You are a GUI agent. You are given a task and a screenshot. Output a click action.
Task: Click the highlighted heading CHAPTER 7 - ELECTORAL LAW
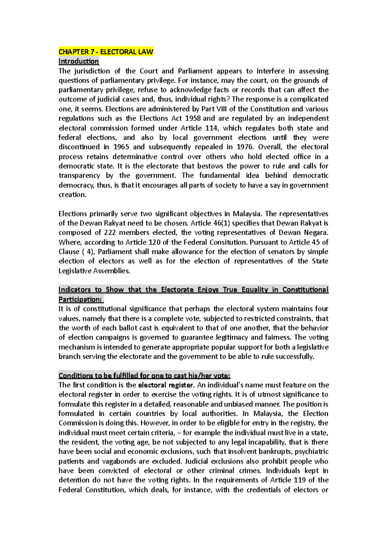pos(106,52)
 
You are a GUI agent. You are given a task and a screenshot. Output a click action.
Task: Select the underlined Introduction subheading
pos(78,61)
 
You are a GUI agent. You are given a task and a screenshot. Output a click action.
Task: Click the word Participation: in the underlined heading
pos(80,299)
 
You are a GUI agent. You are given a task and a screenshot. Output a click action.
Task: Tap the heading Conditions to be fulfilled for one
pos(144,376)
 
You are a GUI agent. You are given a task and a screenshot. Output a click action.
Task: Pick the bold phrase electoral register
pos(166,385)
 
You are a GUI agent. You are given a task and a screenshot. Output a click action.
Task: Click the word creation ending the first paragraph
pos(72,195)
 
